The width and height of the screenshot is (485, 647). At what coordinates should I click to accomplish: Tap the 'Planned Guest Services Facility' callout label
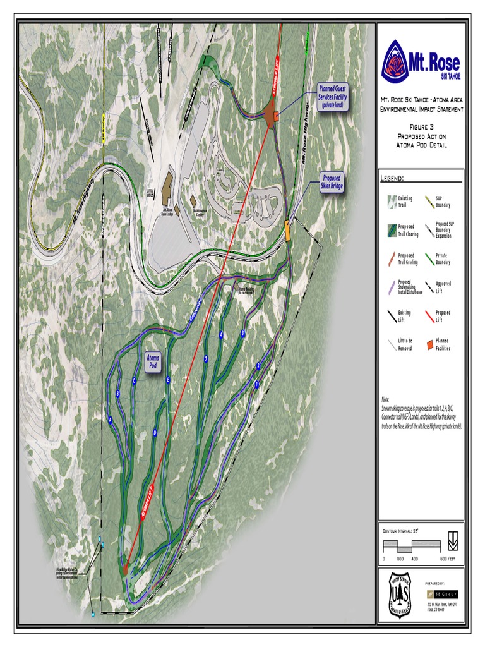click(x=332, y=97)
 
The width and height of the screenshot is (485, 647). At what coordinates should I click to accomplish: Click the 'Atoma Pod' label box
click(x=153, y=362)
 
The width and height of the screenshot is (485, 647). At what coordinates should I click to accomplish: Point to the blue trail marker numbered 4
click(x=221, y=334)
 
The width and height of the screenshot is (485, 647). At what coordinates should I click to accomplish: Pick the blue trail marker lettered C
click(x=134, y=380)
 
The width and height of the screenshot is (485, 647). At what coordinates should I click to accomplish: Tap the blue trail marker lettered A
click(x=111, y=420)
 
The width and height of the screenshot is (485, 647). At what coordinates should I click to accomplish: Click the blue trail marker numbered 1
click(x=256, y=384)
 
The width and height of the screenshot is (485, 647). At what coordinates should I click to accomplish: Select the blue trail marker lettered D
click(x=155, y=433)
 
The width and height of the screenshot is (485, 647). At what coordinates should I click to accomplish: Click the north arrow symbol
click(x=453, y=541)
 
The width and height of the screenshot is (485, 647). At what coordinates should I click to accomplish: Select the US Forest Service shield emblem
click(x=400, y=594)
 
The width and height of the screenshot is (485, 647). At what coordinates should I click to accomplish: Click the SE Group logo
click(x=442, y=594)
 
